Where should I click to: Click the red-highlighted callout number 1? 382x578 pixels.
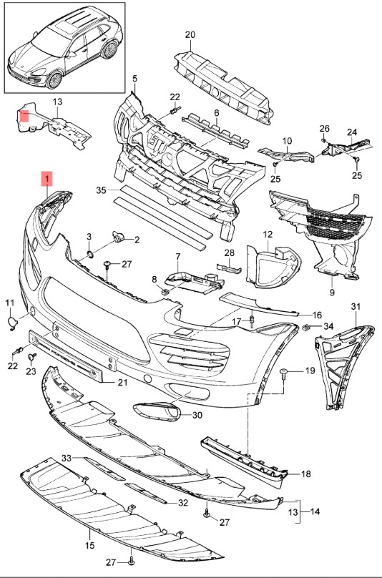pos(46,179)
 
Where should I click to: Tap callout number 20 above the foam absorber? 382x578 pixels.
pos(190,35)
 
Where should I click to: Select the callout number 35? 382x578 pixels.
pos(101,190)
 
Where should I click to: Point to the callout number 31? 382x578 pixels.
pos(356,306)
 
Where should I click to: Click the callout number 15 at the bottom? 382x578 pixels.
pos(90,545)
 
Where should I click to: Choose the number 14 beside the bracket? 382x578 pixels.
pos(315,511)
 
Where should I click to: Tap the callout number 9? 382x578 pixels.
pos(332,293)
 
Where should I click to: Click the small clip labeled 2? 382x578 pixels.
pos(118,237)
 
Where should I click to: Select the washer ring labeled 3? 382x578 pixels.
pos(89,253)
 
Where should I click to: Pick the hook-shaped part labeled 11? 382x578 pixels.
pos(13,323)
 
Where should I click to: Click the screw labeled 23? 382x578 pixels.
pos(32,357)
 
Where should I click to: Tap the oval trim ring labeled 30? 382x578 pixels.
pos(157,411)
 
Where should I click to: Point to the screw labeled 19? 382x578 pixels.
pos(284,373)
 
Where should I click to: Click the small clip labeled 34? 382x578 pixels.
pos(305,327)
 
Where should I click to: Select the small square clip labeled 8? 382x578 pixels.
pos(165,292)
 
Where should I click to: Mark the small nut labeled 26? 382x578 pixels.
pos(323,140)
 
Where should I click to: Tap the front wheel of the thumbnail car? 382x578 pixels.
pos(54,80)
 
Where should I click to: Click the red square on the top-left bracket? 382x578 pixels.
pos(24,117)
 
